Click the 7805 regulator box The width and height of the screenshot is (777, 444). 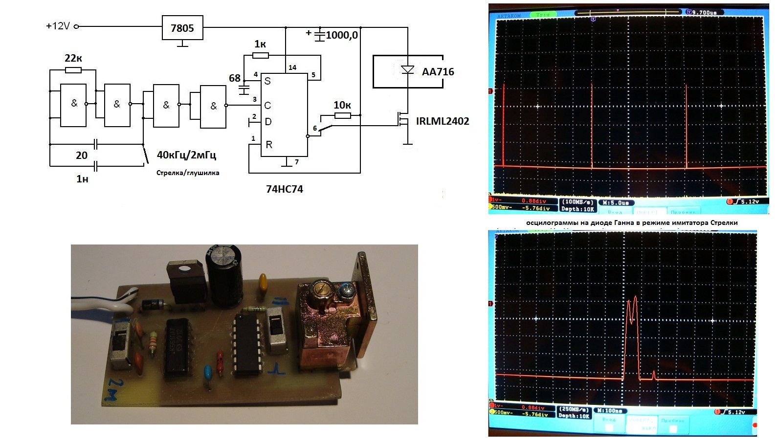click(182, 28)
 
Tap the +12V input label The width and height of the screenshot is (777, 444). click(58, 26)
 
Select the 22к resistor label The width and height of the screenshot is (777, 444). click(73, 59)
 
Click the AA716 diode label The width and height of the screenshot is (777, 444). click(438, 72)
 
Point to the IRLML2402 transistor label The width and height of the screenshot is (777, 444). click(443, 121)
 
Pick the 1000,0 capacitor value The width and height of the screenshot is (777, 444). click(342, 35)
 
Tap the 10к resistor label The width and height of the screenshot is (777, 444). click(342, 105)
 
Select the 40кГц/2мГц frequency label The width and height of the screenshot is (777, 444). click(186, 155)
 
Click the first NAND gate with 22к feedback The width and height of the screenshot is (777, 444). click(74, 104)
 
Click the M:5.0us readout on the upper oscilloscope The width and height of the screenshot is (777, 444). click(618, 202)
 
